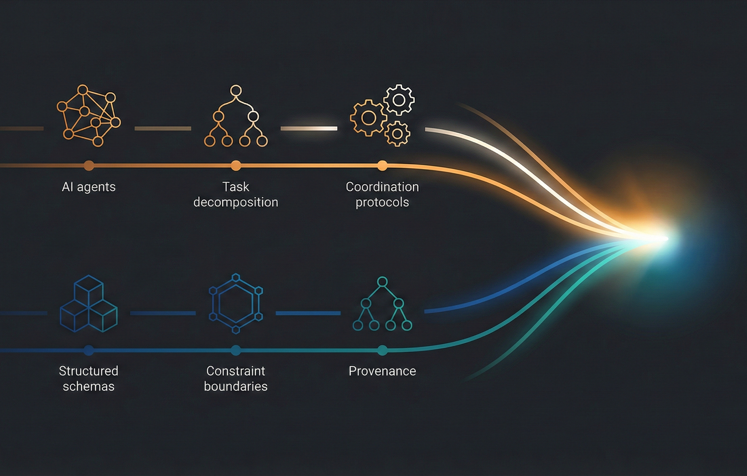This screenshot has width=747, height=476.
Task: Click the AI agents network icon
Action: (x=89, y=116)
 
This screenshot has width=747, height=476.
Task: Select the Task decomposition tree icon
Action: (x=236, y=117)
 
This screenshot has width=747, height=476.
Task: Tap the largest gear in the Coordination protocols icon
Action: (x=368, y=118)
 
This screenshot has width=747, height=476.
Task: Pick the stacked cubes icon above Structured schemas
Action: (x=89, y=304)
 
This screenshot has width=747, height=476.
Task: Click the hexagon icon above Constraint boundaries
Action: (x=236, y=304)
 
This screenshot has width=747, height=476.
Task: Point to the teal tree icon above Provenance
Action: (x=382, y=304)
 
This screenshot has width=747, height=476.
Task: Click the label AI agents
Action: (x=89, y=187)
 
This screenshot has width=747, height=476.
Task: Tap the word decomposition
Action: (x=236, y=202)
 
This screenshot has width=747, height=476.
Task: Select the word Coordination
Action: (x=382, y=187)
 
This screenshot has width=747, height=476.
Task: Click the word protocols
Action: (x=382, y=202)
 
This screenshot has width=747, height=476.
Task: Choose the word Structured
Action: (x=89, y=371)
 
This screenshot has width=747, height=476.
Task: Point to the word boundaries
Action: (x=236, y=386)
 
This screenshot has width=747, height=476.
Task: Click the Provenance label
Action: (x=382, y=371)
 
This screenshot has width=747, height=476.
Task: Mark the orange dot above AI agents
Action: (x=89, y=165)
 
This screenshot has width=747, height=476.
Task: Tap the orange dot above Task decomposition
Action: (x=236, y=165)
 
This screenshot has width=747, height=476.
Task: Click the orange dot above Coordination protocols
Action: (x=382, y=165)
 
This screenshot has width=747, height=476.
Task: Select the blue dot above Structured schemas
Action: (x=89, y=350)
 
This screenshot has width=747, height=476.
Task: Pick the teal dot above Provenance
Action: (x=382, y=350)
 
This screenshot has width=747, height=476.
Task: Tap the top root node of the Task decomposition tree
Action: (x=236, y=90)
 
